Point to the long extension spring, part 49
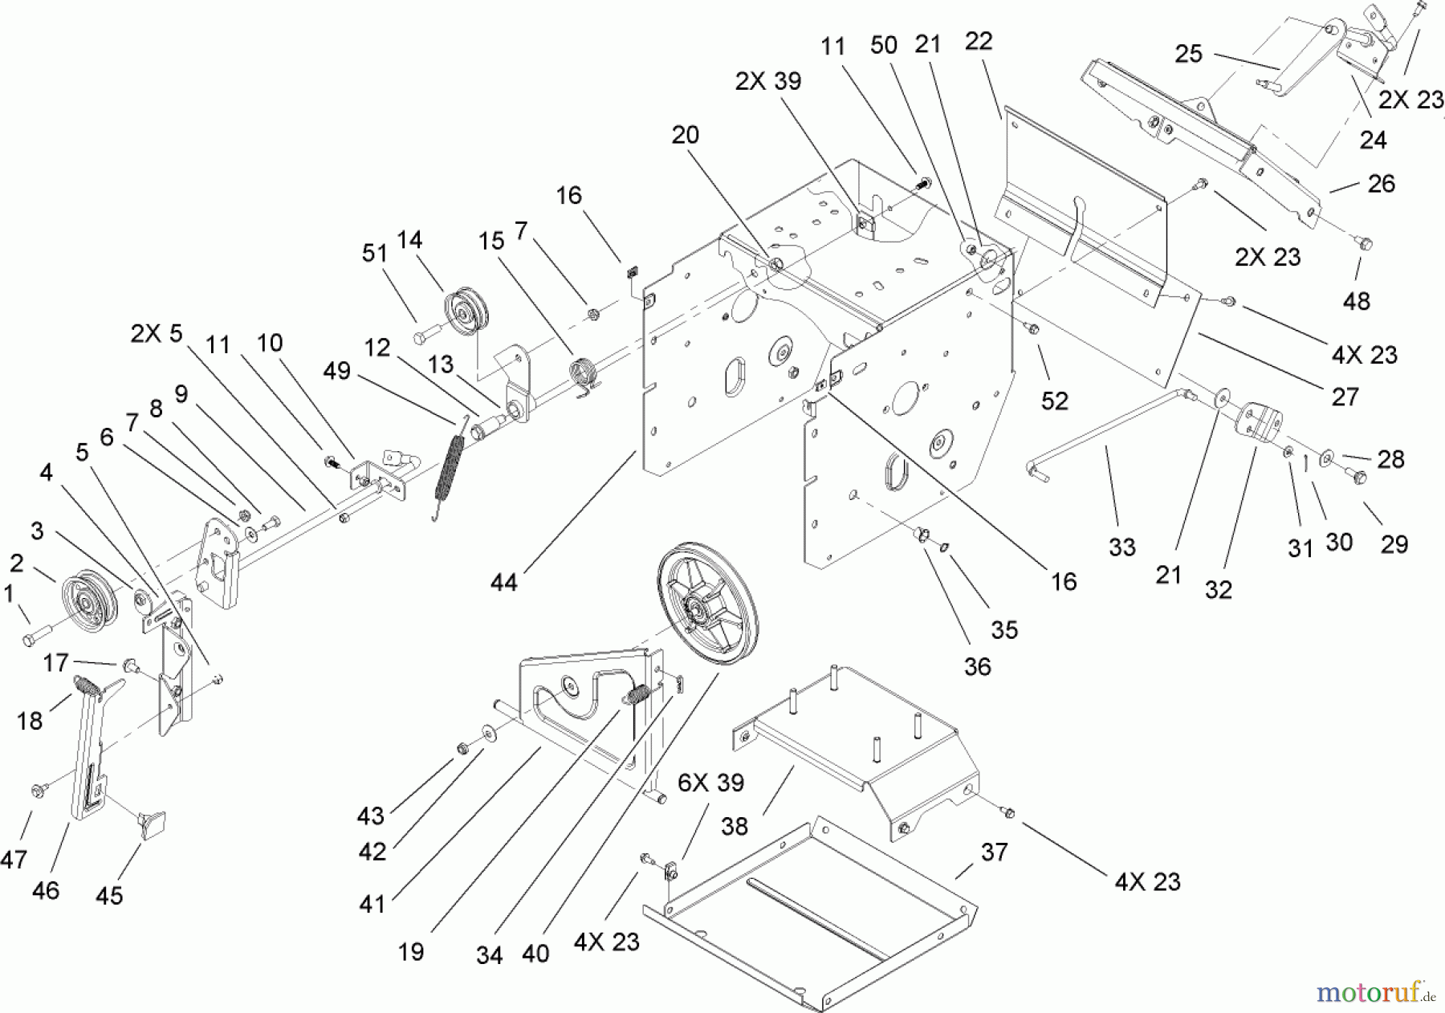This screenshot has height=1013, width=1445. click(450, 472)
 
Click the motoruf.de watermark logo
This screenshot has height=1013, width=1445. click(1374, 993)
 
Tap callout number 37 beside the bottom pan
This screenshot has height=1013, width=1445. click(994, 852)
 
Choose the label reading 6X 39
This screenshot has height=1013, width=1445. click(710, 783)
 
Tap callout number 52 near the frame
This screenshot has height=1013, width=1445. click(1055, 401)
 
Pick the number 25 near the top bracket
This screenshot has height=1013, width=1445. click(1188, 54)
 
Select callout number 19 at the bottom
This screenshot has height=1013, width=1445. click(410, 952)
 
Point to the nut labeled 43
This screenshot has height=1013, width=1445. click(463, 749)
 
